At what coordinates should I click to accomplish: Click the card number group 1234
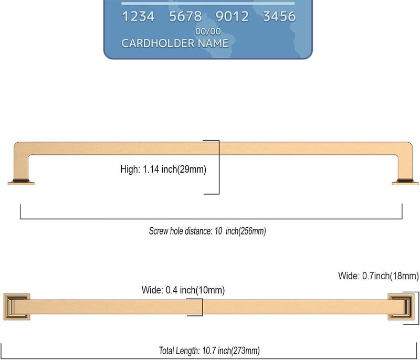click(x=138, y=16)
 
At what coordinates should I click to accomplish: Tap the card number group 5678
click(x=185, y=16)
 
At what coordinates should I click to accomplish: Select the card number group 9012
click(x=232, y=16)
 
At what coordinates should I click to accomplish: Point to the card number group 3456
click(x=279, y=16)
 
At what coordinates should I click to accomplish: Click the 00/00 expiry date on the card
click(x=208, y=31)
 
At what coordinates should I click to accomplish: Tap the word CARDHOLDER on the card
click(x=158, y=44)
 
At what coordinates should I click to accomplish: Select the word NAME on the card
click(x=213, y=44)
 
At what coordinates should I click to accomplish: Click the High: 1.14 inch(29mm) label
click(x=163, y=170)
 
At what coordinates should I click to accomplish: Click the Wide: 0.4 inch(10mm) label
click(x=183, y=290)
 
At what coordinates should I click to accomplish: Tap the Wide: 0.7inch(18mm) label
click(x=378, y=276)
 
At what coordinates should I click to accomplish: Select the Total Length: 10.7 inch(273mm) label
click(x=209, y=351)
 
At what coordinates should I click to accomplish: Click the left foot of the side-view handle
click(x=21, y=182)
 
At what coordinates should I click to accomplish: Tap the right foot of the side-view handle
click(x=405, y=182)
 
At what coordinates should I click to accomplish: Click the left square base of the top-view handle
click(x=17, y=307)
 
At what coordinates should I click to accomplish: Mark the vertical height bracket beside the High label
click(x=219, y=167)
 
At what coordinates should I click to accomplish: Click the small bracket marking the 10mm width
click(x=203, y=307)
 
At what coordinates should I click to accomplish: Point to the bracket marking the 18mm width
click(x=418, y=308)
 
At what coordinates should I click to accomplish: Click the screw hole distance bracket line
click(x=211, y=219)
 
